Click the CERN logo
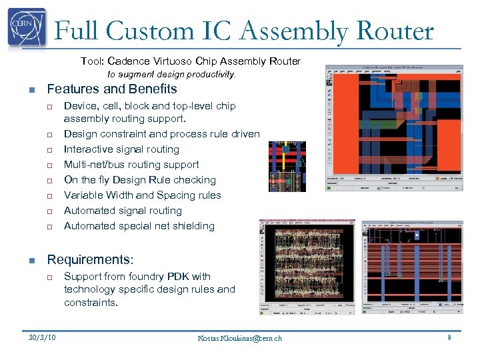[27, 28]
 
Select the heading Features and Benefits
[112, 89]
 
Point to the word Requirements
[90, 259]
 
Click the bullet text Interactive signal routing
[121, 149]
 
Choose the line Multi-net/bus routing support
[131, 165]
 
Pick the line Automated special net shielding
[139, 226]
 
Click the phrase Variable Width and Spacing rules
[142, 195]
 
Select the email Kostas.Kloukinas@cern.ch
[239, 338]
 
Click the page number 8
[449, 337]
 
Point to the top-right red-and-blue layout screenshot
[393, 128]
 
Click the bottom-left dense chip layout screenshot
[307, 267]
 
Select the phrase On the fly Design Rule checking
[140, 180]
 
